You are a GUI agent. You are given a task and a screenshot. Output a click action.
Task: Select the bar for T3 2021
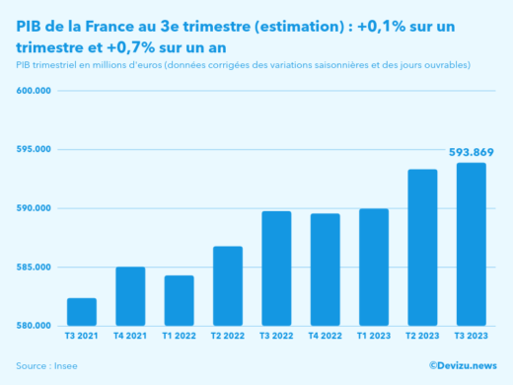pos(82,312)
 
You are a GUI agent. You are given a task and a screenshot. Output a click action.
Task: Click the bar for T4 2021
pos(130,296)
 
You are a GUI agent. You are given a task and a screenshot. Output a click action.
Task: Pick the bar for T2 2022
pos(228,286)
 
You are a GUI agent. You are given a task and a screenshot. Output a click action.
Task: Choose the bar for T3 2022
pos(276,269)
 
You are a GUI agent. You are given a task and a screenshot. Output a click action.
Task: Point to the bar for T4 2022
pos(325,269)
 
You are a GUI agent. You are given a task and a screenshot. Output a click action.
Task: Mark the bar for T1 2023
pos(374,268)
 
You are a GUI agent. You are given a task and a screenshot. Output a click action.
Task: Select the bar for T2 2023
pos(422,248)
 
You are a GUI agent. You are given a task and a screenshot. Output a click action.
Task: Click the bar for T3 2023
pos(471,245)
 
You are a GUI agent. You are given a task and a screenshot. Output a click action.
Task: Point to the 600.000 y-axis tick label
pos(34,91)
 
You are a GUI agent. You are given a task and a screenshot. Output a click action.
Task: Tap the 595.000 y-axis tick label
pos(34,149)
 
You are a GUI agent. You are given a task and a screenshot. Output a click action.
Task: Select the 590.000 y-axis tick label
pos(34,208)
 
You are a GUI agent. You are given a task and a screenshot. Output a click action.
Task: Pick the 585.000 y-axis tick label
pos(34,267)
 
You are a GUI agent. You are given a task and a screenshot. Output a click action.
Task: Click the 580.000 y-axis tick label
pos(34,326)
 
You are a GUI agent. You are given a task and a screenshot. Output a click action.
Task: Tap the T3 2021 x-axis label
pos(82,338)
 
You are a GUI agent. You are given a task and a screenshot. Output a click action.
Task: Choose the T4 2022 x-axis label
pos(325,338)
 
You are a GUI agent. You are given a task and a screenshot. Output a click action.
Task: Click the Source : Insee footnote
pos(46,366)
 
